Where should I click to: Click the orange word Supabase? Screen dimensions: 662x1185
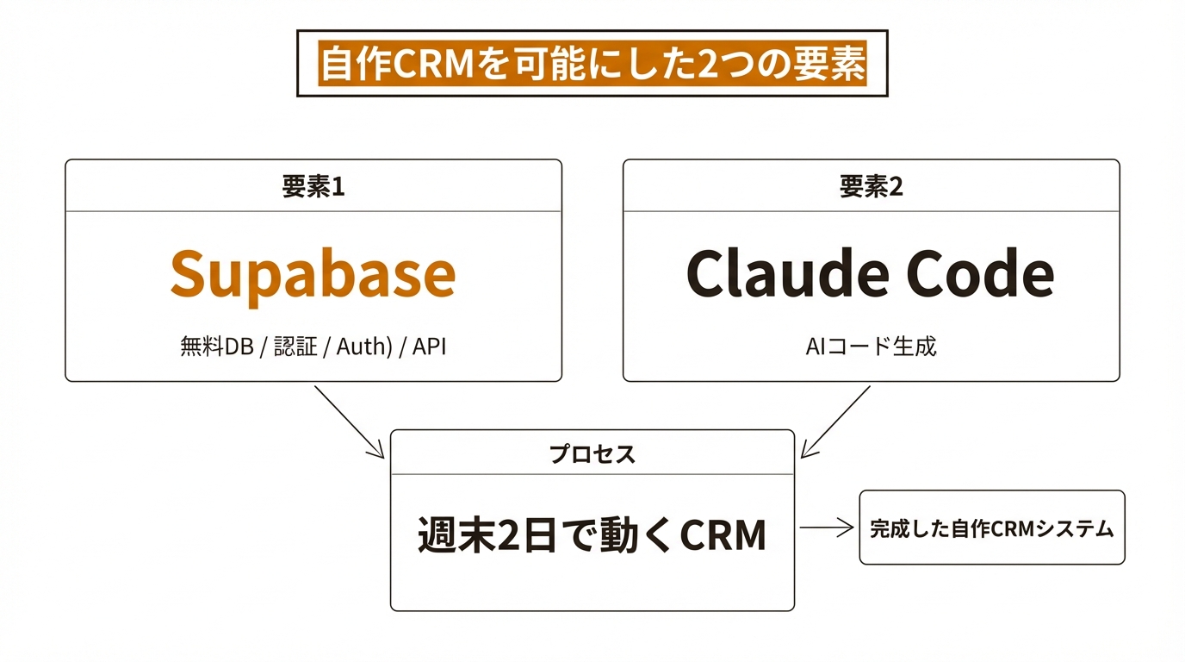coord(313,274)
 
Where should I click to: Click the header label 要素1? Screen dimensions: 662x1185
coord(313,187)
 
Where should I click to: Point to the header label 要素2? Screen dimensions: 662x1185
coord(871,187)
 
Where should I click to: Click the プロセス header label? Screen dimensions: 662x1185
coord(592,454)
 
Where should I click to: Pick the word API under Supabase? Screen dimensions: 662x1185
coord(429,347)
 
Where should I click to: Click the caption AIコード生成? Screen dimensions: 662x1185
coord(871,347)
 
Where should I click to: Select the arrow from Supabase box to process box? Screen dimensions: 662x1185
coord(349,422)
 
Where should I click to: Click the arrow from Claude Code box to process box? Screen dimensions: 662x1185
coord(835,422)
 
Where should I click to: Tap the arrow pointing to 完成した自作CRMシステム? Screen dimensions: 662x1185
coord(827,528)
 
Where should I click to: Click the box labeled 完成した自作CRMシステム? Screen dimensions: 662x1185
coord(992,528)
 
